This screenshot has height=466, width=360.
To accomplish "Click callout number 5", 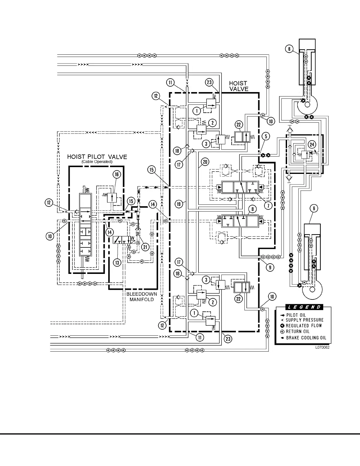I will [266, 136].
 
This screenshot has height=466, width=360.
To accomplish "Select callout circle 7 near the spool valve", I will [268, 205].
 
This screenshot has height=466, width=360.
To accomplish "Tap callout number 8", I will [252, 209].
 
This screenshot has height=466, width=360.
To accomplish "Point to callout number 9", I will [270, 267].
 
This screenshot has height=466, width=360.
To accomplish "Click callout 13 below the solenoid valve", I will [117, 262].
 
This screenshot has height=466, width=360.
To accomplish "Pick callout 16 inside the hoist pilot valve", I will [117, 174].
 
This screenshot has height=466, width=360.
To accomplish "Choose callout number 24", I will [312, 144].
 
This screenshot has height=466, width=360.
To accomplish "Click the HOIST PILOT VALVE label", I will [97, 157].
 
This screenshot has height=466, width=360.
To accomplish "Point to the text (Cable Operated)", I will [97, 162].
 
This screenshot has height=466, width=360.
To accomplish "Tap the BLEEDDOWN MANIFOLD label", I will [142, 297].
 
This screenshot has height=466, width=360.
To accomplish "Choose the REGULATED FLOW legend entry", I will [304, 326].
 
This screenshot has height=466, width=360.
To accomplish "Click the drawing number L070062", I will [322, 347].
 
